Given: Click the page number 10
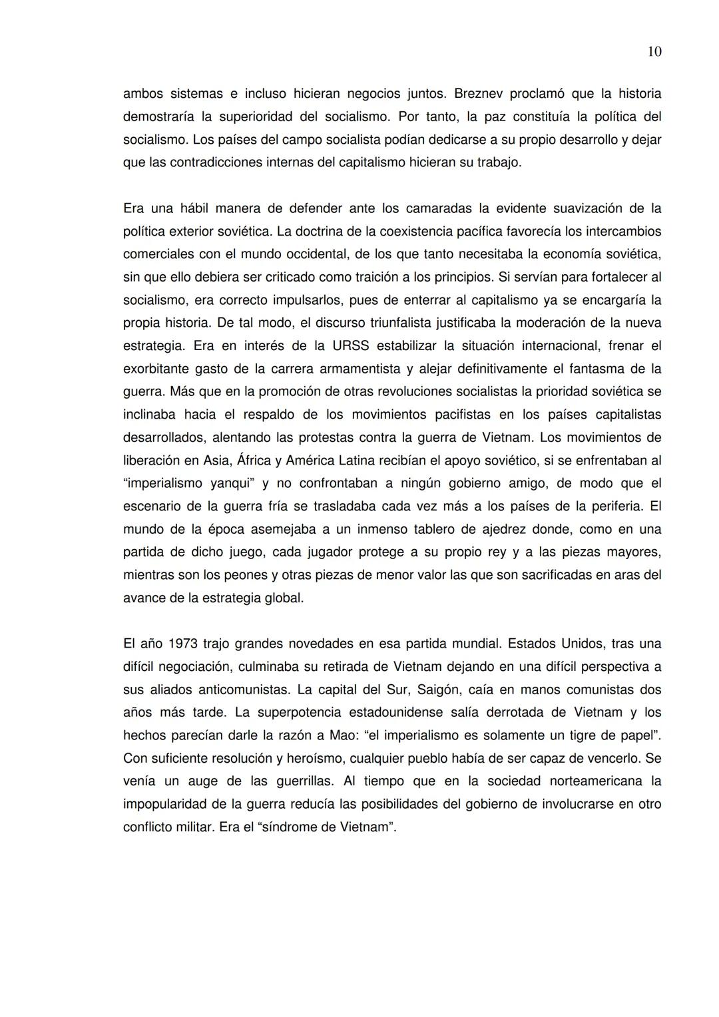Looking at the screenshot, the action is (654, 52).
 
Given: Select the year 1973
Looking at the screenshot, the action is (182, 644).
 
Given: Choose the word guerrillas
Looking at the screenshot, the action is (299, 781).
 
